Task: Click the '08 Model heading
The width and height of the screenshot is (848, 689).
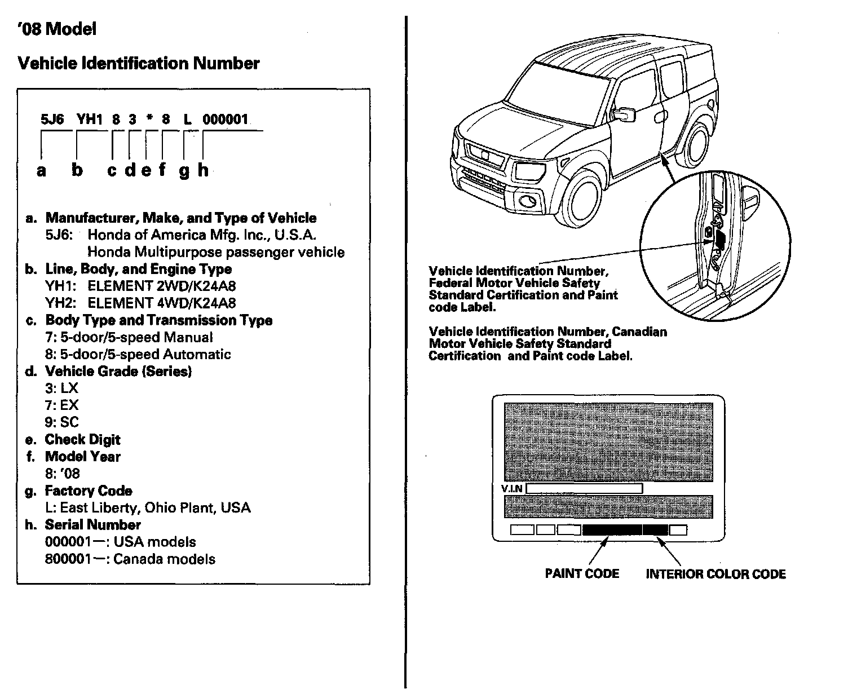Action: (56, 29)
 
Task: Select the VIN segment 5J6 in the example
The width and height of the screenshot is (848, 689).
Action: (52, 120)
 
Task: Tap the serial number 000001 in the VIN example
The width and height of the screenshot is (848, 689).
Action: (225, 120)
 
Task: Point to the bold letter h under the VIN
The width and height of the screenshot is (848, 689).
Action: (203, 170)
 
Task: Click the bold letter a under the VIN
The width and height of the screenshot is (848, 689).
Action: (41, 170)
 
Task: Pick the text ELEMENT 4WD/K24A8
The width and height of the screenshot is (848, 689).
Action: (162, 303)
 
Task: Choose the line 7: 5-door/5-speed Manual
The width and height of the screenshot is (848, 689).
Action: (129, 338)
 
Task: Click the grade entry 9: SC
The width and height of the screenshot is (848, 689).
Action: (62, 422)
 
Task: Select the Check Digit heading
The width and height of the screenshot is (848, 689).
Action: (83, 440)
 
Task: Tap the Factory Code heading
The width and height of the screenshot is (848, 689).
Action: (89, 491)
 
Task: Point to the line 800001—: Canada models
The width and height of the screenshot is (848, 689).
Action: (130, 559)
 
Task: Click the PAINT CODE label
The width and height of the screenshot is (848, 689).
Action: (582, 574)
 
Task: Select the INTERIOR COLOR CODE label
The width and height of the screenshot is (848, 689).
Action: (715, 575)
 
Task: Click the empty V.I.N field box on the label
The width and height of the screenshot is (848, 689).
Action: (584, 489)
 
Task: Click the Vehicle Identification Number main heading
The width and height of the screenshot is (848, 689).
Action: (139, 64)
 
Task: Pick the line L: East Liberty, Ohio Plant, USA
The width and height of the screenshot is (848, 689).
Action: (148, 508)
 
